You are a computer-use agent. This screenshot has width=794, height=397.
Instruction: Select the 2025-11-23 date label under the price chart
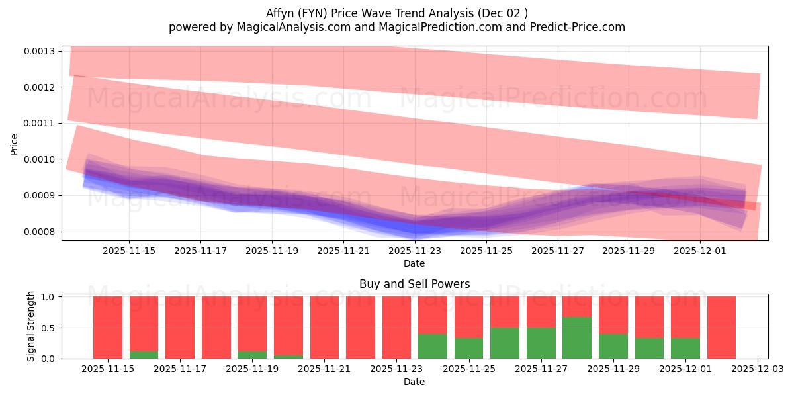click(x=415, y=251)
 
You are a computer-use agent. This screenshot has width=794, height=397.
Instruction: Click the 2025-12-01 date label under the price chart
click(x=700, y=251)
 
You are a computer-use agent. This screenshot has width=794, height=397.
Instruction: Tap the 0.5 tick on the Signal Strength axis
click(x=50, y=328)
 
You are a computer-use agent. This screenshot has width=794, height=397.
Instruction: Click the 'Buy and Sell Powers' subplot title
click(x=414, y=285)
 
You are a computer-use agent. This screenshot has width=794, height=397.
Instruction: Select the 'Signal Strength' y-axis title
click(x=31, y=328)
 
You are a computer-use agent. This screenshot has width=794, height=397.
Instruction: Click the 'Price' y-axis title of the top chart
click(x=15, y=144)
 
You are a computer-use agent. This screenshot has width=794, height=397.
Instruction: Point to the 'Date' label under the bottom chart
click(x=414, y=382)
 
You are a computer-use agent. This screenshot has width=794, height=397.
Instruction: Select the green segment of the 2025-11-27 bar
click(x=541, y=343)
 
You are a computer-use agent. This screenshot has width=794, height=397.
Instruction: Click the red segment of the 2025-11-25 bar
click(x=469, y=317)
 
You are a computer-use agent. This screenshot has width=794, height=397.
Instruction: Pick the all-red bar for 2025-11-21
click(x=325, y=328)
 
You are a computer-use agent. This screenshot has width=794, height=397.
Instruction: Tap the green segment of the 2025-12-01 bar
click(x=685, y=348)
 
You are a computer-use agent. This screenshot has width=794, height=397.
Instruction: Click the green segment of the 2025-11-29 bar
click(x=613, y=346)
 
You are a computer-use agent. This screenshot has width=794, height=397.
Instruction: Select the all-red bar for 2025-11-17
click(x=180, y=328)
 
